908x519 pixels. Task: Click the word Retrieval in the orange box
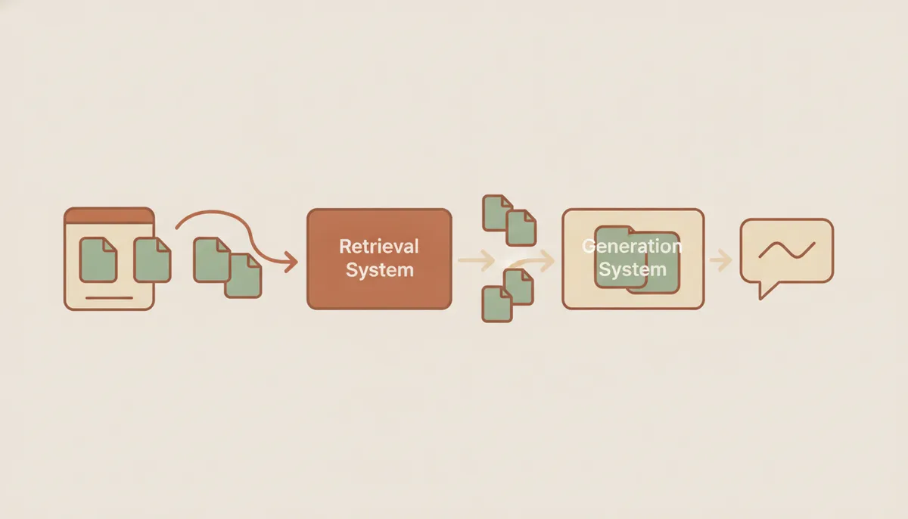tap(378, 247)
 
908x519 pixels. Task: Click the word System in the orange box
tap(379, 270)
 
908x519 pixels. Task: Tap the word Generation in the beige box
tap(632, 246)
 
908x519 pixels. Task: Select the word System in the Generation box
tap(633, 269)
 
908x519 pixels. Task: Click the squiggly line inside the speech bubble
tap(787, 250)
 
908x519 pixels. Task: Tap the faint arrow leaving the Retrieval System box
tap(476, 260)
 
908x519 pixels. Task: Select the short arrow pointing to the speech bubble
tap(720, 260)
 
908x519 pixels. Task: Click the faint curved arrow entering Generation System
tap(532, 260)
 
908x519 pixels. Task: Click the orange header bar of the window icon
tap(109, 216)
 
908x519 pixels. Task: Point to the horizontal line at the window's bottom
tap(109, 298)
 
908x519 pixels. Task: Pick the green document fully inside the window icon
tap(98, 259)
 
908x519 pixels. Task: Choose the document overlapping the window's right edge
tap(152, 259)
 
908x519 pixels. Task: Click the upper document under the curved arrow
tap(212, 259)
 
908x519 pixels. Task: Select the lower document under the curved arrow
tap(243, 276)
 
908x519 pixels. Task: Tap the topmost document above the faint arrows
tap(497, 213)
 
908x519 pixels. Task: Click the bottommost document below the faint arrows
tap(497, 304)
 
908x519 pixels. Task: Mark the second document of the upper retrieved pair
tap(521, 228)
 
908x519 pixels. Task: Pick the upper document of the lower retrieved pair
tap(519, 287)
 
